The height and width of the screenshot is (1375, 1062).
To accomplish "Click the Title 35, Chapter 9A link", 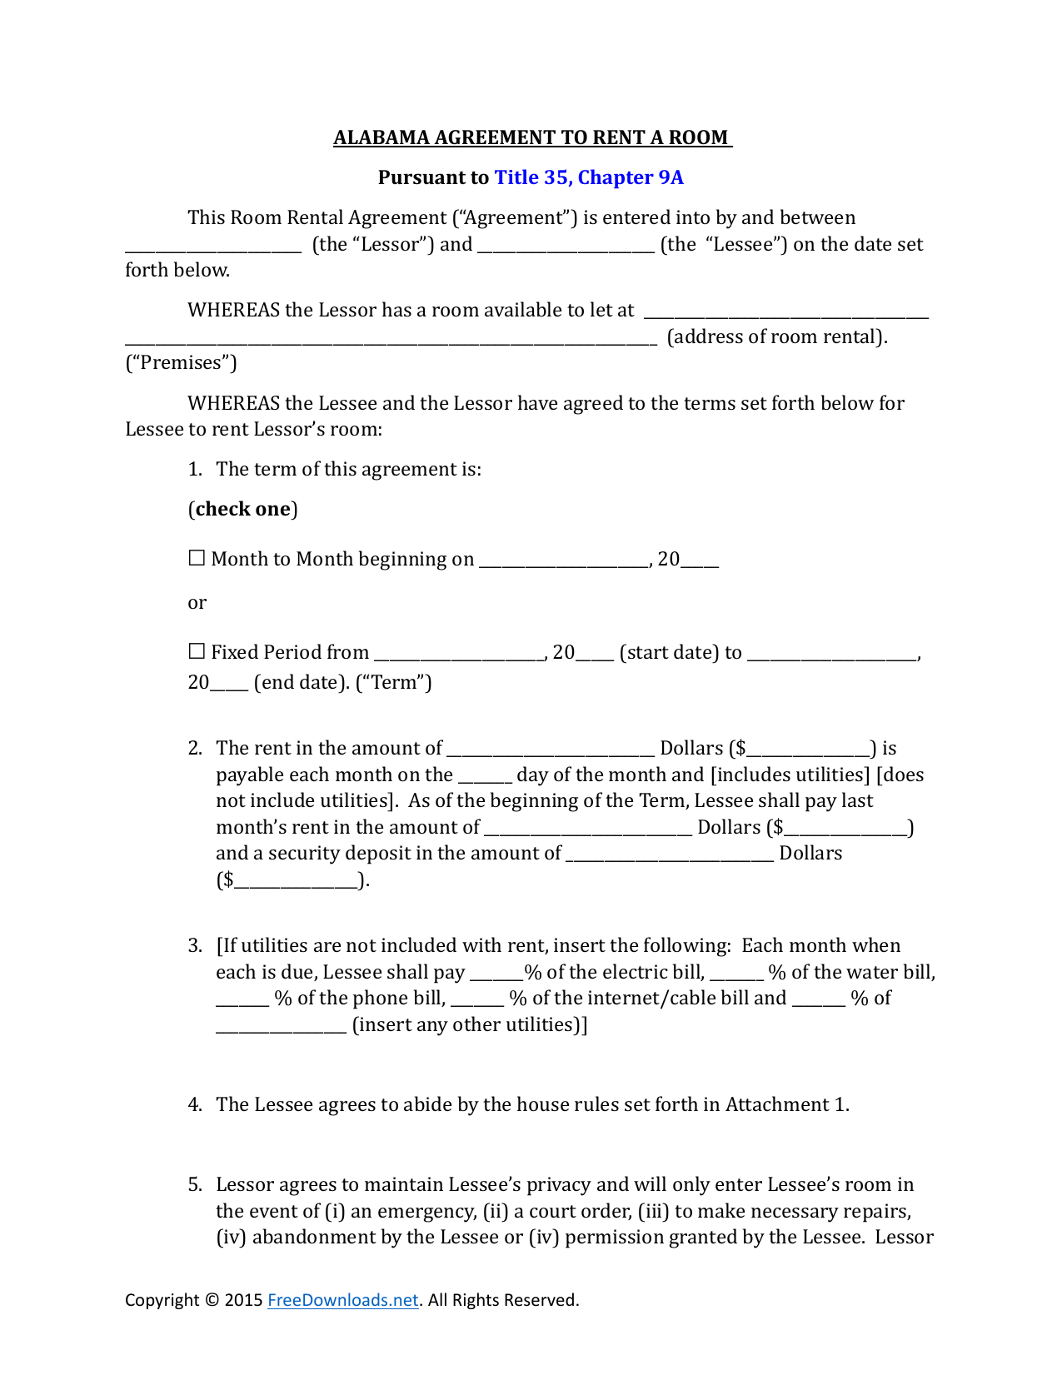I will (588, 177).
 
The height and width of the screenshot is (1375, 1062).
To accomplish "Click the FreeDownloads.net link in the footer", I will (342, 1300).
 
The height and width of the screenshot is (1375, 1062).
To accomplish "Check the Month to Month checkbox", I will (197, 559).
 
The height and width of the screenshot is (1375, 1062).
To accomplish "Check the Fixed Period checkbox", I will (197, 652).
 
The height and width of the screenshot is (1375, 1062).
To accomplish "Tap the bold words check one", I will (242, 509).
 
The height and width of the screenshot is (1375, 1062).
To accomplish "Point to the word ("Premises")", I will (181, 363).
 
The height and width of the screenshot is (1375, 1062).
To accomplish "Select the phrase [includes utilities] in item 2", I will (790, 775).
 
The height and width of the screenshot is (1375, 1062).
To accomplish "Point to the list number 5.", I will (195, 1185).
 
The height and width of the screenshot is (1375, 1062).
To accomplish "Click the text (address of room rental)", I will (776, 337).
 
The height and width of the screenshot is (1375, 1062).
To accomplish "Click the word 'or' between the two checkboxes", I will (197, 603).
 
